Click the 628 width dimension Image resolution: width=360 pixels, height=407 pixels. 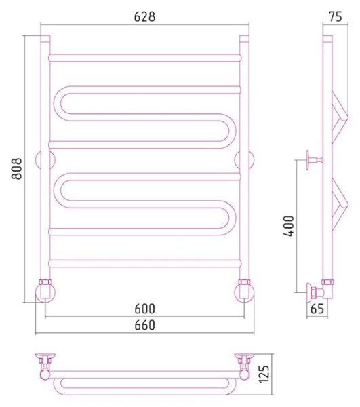pos(144,16)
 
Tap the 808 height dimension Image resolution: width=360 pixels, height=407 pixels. pos(17,168)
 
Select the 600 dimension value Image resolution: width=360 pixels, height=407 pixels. pos(144,309)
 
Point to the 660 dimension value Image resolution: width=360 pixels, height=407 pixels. pos(144,325)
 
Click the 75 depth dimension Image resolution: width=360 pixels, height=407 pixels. pos(336,16)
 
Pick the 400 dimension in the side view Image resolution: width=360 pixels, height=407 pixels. pos(289,226)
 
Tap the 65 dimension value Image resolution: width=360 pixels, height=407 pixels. pos(317,309)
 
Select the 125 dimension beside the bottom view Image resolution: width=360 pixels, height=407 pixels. pos(264,374)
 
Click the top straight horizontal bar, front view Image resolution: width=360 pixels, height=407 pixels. pos(144,58)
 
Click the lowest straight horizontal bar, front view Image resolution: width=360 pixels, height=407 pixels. pos(144,263)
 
